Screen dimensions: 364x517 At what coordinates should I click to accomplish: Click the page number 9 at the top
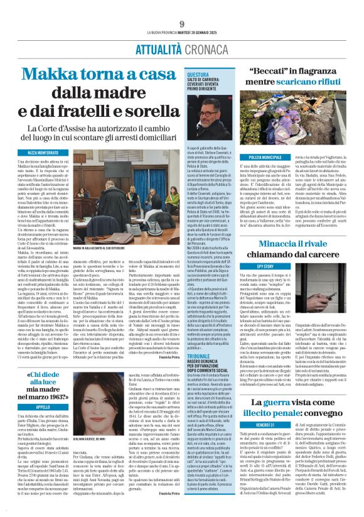181,7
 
